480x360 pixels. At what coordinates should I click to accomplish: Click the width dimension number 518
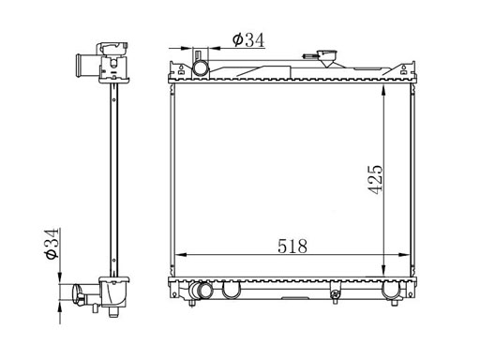coord(292,246)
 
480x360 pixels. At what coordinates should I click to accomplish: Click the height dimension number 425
coord(375,179)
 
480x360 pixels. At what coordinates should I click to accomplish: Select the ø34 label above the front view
coord(248,39)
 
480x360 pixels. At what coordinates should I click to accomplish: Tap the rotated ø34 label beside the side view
coord(51,244)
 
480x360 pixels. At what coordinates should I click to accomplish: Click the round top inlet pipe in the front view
coord(201,68)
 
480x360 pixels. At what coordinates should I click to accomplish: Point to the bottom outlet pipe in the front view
coord(202,291)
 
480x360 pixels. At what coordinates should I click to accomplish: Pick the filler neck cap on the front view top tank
coord(327,55)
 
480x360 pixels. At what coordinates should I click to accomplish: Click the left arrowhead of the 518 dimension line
coord(181,255)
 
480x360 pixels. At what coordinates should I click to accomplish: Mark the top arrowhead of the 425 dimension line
coord(383,90)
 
